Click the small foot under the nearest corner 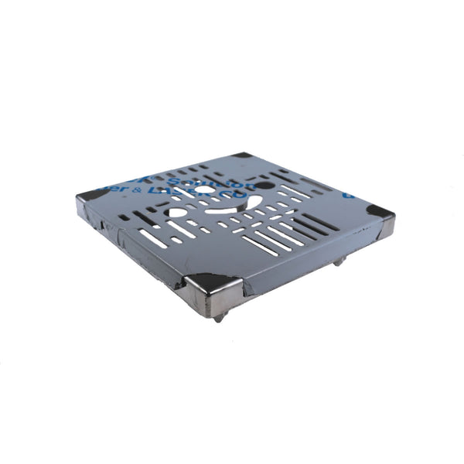click(220, 317)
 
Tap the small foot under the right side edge click(339, 263)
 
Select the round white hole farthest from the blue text click(177, 212)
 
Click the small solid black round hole click(264, 186)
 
